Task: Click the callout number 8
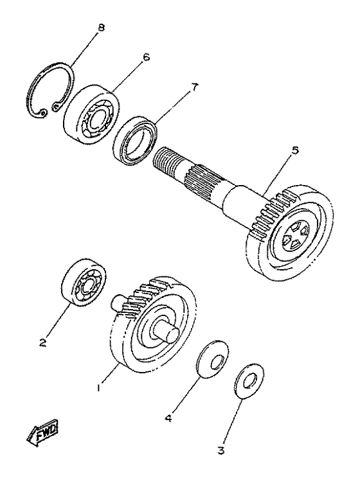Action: (x=100, y=28)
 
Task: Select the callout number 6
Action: (x=147, y=57)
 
